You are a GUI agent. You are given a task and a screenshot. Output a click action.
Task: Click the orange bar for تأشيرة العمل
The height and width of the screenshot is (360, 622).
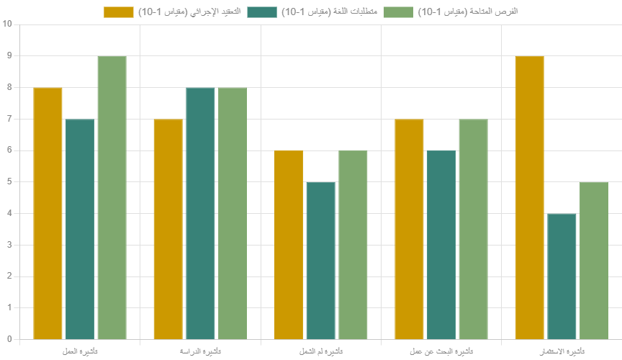click(48, 213)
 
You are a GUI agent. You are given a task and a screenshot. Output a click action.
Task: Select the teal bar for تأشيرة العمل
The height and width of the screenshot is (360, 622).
click(80, 229)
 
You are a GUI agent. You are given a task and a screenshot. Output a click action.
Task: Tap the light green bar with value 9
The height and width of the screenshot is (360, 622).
click(112, 197)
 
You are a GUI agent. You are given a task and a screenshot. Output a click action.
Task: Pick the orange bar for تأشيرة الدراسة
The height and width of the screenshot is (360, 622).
click(168, 229)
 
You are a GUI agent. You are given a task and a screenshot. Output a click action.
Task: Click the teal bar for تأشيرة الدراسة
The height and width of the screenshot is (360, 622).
click(200, 213)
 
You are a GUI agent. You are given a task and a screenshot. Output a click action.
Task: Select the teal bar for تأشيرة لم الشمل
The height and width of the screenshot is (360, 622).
click(320, 260)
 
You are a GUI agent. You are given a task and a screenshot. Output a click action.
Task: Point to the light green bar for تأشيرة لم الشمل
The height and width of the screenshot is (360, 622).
click(353, 245)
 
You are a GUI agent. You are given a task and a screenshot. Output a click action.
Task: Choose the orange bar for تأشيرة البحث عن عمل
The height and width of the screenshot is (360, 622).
click(409, 229)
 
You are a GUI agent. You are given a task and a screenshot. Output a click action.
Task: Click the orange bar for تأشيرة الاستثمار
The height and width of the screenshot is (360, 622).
click(529, 197)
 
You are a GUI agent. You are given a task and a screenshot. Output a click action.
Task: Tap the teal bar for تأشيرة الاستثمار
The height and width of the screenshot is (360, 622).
click(562, 276)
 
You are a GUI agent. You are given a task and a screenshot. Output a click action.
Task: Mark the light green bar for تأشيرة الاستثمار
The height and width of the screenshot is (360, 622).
click(594, 260)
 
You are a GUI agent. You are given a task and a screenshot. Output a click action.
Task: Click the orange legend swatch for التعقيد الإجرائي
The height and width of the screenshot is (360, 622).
click(119, 12)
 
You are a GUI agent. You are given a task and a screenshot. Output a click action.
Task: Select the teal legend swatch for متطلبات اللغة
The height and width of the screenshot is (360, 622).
click(262, 12)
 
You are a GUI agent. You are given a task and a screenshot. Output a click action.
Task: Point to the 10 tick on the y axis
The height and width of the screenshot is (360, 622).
click(8, 24)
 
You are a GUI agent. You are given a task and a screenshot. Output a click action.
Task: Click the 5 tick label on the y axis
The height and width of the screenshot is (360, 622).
click(8, 181)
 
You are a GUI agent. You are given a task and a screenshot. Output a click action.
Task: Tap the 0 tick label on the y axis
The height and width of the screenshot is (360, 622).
click(8, 339)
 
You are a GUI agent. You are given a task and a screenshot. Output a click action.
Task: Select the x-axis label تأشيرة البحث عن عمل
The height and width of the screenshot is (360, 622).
click(441, 351)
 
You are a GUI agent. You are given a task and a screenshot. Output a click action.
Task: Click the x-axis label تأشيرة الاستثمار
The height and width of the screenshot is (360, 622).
click(562, 351)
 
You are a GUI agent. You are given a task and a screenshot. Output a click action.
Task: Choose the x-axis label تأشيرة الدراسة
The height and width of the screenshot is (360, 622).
click(200, 351)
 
